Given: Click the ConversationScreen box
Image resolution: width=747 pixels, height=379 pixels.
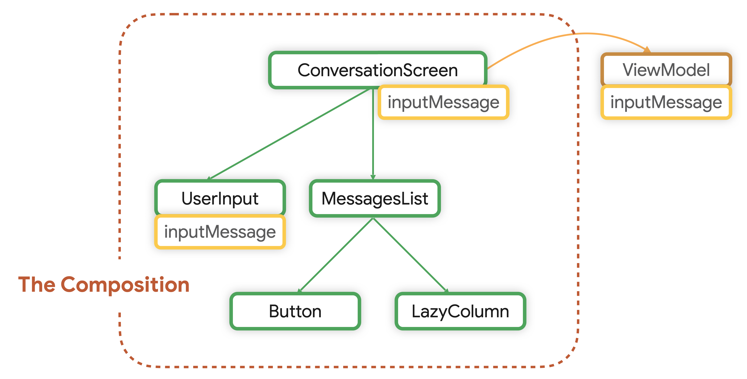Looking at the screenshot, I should (x=377, y=70).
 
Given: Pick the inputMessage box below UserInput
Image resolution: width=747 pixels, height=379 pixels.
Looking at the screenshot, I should (x=220, y=232).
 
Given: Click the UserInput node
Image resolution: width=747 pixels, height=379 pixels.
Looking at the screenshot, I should (x=220, y=198).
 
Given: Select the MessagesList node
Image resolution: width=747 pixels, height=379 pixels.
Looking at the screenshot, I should (x=375, y=198).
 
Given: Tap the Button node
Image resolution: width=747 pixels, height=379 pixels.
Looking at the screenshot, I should (x=295, y=311).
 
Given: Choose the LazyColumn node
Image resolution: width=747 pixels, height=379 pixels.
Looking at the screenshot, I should (x=460, y=311).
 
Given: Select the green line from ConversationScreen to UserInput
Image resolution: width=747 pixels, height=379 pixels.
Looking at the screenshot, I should (x=290, y=134).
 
